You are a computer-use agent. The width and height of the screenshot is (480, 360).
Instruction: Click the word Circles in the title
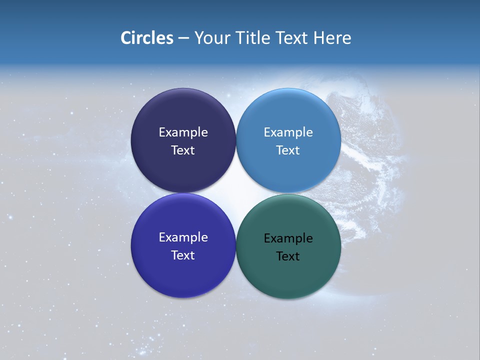point(147,38)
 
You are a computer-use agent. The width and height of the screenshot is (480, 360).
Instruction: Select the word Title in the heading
point(254,38)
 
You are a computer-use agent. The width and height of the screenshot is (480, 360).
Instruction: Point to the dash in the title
point(183,38)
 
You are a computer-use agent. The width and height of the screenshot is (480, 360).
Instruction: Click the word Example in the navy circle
point(183,132)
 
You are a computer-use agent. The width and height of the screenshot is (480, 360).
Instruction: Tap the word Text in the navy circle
point(183,150)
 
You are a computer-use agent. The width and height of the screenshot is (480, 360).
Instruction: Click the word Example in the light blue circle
point(288,132)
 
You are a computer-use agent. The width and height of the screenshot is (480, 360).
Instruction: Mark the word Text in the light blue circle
point(288,150)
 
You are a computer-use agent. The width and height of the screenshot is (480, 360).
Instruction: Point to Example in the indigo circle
point(183,237)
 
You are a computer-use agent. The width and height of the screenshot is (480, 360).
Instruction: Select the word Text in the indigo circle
point(183,255)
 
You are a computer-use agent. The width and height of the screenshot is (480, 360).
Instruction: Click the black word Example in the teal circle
point(288,238)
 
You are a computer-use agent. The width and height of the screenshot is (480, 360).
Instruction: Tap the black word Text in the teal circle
point(288,256)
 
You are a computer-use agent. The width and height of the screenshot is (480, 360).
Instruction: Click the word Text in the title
point(292,38)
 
